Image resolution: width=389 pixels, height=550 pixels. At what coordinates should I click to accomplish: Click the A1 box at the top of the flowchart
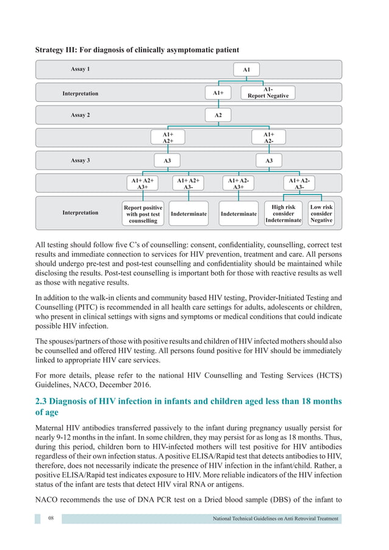(246, 70)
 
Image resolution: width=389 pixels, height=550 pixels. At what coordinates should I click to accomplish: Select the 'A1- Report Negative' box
(268, 92)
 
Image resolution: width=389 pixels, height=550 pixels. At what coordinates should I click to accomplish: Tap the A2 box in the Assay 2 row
(218, 115)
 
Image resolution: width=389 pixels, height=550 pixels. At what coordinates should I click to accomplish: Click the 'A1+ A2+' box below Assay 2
(168, 137)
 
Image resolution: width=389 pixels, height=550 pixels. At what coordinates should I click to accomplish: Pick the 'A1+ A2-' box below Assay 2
(268, 137)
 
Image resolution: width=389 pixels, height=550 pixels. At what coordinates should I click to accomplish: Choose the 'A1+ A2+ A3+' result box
(143, 184)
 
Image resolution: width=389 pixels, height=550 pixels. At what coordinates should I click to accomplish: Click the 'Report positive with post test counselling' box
(143, 214)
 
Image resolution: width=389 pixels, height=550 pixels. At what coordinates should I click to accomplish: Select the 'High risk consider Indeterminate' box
(284, 214)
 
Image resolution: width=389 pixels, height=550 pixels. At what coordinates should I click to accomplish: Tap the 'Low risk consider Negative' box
(321, 214)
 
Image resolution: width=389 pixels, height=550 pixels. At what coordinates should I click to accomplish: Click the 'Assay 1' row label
(80, 70)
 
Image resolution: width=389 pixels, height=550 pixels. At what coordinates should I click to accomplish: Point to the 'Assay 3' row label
(80, 161)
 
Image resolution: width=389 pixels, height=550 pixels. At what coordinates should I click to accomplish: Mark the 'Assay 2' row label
(80, 115)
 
